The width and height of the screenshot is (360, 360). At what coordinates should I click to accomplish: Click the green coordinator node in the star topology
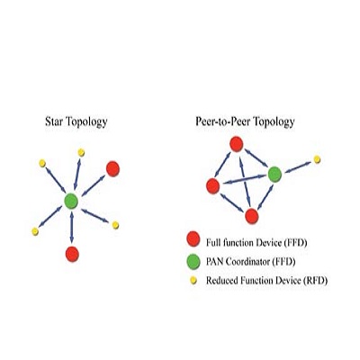click(71, 201)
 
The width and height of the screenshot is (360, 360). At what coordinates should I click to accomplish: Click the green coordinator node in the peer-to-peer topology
click(274, 175)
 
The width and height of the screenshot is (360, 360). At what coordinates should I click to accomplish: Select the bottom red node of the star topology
click(72, 254)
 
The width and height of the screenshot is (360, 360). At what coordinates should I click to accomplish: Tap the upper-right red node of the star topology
click(112, 169)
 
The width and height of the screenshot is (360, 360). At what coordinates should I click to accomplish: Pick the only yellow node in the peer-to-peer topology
click(317, 159)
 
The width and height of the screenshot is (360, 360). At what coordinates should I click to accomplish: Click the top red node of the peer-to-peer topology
click(237, 144)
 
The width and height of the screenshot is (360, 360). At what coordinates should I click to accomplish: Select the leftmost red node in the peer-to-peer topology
click(213, 186)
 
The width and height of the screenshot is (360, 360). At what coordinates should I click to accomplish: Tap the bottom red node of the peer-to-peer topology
click(252, 216)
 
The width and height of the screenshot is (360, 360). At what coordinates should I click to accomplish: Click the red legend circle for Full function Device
click(193, 238)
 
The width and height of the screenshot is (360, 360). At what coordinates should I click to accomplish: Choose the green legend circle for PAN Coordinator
click(193, 261)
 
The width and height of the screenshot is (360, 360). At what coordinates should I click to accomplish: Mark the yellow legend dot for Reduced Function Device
click(193, 281)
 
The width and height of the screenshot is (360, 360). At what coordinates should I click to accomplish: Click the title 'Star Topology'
click(76, 122)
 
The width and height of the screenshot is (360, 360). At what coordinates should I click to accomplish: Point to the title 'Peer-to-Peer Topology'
click(245, 121)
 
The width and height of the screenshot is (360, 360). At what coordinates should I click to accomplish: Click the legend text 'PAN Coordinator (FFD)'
click(251, 262)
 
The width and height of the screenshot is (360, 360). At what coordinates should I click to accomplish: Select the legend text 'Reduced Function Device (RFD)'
click(266, 281)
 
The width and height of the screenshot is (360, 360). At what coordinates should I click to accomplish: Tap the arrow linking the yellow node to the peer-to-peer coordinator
click(298, 167)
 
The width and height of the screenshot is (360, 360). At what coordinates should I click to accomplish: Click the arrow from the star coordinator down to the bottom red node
click(72, 227)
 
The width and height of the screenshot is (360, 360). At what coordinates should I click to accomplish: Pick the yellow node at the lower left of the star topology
click(35, 231)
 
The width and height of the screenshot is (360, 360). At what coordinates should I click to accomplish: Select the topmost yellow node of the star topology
click(81, 153)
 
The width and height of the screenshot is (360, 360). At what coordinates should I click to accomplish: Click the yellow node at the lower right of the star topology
click(115, 225)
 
